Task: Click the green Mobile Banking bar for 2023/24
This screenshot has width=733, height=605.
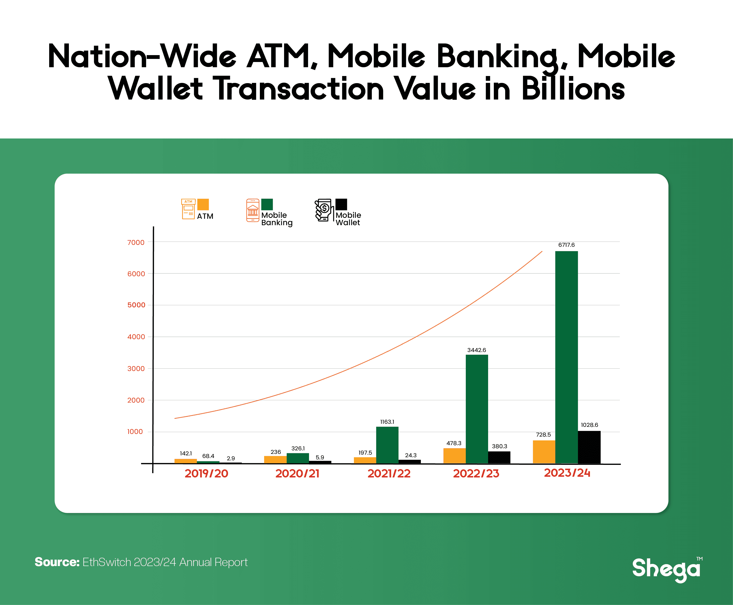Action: tap(566, 357)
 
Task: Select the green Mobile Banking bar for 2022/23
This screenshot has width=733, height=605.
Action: tap(477, 409)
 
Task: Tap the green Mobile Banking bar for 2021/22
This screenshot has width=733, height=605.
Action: tap(387, 445)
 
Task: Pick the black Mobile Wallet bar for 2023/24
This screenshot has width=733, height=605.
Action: tap(589, 448)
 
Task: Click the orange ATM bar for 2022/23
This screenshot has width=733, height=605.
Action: tap(455, 456)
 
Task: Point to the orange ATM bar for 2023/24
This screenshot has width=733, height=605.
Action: tap(544, 452)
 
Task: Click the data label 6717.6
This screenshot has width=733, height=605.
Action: tap(566, 245)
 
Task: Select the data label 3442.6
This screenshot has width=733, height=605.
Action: tap(476, 350)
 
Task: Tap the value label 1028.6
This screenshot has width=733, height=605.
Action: tap(589, 425)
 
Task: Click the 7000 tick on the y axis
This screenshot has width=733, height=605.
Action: tap(136, 243)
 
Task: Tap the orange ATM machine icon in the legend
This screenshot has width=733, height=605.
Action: tap(188, 209)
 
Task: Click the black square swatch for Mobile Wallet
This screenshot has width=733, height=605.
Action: tap(341, 205)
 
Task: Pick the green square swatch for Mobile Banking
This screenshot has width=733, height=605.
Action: tap(267, 205)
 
